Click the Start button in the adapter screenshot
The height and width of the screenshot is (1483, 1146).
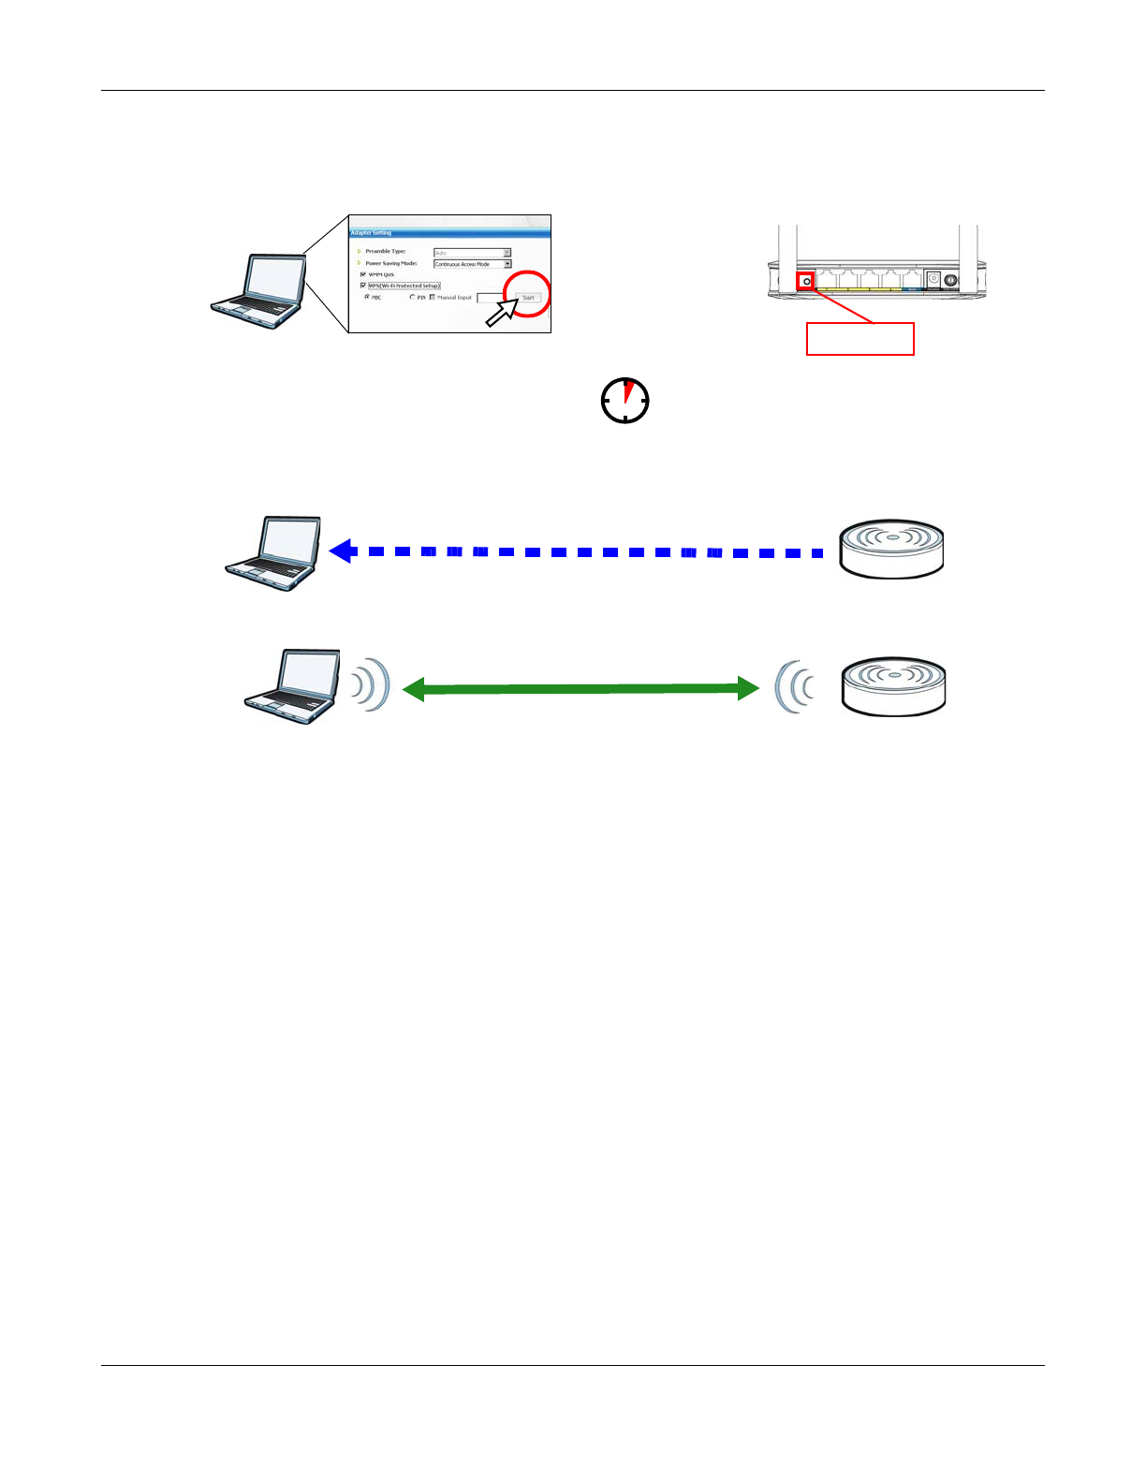[x=528, y=298]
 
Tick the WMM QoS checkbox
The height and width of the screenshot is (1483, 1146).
[x=363, y=274]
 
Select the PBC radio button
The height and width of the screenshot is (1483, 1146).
[x=367, y=297]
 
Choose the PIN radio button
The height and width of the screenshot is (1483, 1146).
[x=412, y=297]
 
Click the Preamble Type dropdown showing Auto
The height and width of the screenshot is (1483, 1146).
[x=472, y=253]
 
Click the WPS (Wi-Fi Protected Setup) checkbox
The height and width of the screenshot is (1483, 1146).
[x=363, y=286]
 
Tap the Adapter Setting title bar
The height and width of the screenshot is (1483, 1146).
[x=449, y=232]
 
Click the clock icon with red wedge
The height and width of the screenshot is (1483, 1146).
[x=624, y=401]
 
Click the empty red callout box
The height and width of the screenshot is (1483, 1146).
[x=859, y=339]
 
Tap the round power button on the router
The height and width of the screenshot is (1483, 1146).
[x=951, y=279]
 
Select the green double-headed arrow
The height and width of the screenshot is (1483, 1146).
[x=580, y=689]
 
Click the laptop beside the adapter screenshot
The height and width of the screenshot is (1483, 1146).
[x=258, y=291]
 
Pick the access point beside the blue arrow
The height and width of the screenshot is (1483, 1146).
[x=891, y=550]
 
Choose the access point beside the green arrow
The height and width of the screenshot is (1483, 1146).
[x=893, y=686]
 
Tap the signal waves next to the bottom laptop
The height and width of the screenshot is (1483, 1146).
[x=371, y=685]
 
